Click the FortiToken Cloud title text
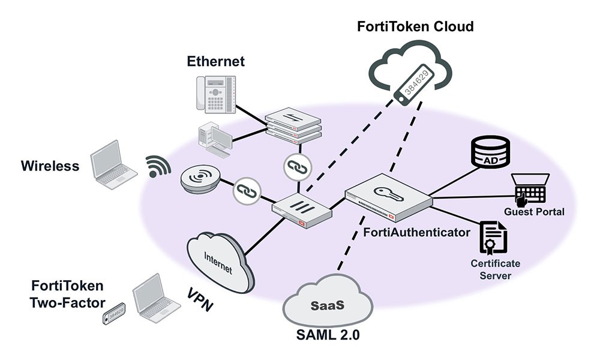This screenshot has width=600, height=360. click(x=415, y=26)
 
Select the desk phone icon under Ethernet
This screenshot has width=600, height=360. click(x=215, y=94)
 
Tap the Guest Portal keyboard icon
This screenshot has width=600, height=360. click(x=530, y=188)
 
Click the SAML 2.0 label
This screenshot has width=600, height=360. click(x=329, y=335)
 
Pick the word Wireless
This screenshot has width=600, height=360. click(x=50, y=166)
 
